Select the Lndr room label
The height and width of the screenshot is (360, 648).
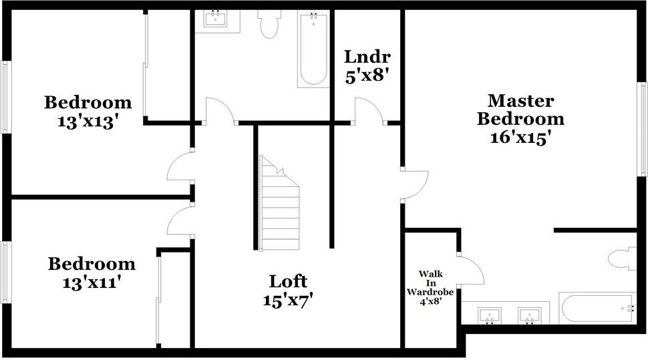(367, 57)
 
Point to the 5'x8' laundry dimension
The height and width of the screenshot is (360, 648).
(367, 75)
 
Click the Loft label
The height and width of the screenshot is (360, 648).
(288, 281)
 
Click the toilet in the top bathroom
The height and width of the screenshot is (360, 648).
(269, 24)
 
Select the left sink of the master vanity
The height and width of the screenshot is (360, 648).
(490, 313)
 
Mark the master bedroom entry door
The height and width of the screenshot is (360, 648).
(414, 184)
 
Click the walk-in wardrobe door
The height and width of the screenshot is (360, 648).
(471, 268)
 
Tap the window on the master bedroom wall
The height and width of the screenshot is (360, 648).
(643, 129)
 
